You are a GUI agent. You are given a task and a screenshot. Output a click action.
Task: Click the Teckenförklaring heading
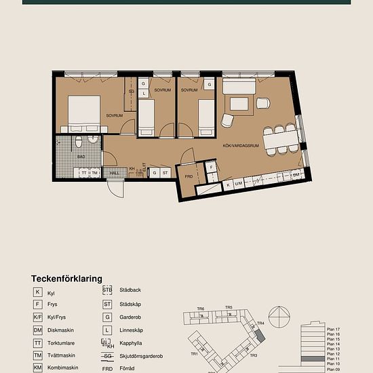coord(66,278)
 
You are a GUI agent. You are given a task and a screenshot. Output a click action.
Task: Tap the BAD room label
coord(81,156)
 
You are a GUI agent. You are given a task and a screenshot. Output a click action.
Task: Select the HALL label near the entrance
coord(115,173)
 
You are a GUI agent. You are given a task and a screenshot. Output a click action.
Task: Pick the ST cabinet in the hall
coord(164,173)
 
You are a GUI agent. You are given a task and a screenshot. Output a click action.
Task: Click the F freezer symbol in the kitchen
coord(212,167)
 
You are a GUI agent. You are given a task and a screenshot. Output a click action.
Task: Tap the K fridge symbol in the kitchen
coord(229,184)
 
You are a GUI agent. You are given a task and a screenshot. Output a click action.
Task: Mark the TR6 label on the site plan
coord(201,309)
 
